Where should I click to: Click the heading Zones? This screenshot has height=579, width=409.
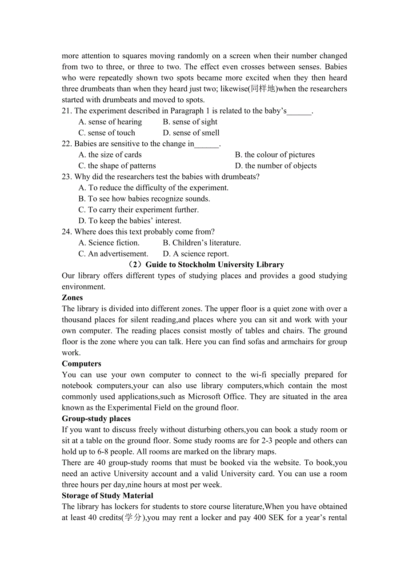pos(72,298)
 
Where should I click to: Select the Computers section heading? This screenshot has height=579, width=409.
pos(81,364)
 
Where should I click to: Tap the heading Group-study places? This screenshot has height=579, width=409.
pos(96,419)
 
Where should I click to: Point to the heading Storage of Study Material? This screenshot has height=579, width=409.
pos(108,496)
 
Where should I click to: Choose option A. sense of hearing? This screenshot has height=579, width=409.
pos(110,122)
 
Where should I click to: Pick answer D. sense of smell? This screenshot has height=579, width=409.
pos(191,133)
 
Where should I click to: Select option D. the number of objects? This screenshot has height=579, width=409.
pos(276,166)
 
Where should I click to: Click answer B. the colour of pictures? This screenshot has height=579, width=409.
pos(275,155)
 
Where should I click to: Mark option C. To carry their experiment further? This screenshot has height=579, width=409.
pos(139,210)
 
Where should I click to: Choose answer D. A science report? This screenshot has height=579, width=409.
pos(196,254)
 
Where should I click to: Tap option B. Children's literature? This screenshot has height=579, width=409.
pos(202,243)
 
